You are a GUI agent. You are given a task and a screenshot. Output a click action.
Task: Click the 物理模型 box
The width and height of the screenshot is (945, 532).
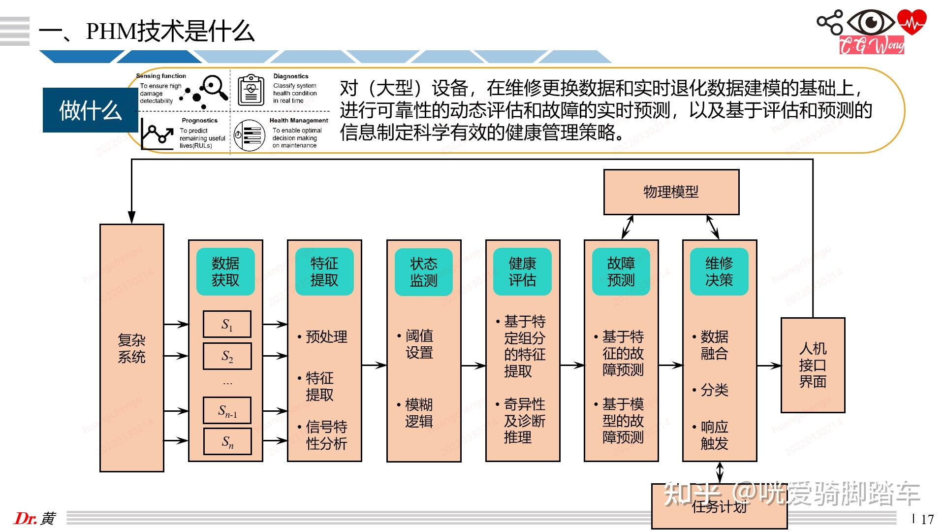[671, 192]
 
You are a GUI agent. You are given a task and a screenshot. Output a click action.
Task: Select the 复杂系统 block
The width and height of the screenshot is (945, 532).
[131, 348]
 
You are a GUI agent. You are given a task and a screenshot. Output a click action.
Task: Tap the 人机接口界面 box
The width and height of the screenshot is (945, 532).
[813, 365]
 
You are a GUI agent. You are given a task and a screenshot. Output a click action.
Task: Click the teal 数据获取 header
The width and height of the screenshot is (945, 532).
[225, 272]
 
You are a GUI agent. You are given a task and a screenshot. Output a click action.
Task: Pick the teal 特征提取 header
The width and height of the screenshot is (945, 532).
[324, 272]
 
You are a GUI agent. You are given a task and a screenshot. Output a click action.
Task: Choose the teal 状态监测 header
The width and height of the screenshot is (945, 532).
[423, 272]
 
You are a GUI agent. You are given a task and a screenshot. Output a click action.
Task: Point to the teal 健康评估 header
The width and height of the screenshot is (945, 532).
[522, 272]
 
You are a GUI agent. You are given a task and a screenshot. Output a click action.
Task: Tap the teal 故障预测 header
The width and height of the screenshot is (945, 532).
[621, 272]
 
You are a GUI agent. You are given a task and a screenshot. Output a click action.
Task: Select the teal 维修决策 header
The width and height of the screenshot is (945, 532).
[719, 272]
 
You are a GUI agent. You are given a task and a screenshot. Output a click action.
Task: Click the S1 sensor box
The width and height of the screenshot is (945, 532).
[227, 324]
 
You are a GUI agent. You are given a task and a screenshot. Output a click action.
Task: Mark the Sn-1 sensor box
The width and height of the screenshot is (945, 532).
[227, 410]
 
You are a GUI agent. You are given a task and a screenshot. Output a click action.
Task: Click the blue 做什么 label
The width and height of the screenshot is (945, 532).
[90, 110]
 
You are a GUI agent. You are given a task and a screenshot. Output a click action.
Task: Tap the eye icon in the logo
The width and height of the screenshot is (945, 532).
[872, 23]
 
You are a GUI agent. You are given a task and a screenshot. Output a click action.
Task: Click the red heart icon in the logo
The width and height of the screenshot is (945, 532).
[912, 22]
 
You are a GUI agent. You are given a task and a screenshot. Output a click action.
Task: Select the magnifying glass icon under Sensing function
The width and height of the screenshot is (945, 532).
[214, 87]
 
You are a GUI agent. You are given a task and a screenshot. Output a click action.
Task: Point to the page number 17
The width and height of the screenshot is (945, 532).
[927, 519]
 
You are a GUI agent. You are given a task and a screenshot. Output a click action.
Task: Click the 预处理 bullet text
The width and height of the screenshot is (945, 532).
[326, 337]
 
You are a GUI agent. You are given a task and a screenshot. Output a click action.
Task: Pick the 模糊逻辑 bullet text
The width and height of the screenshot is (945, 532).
[419, 413]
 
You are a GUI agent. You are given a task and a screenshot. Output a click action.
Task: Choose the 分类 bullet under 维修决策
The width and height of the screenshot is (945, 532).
[714, 390]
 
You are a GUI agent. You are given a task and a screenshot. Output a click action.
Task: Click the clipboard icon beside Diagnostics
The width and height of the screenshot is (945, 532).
[251, 90]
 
